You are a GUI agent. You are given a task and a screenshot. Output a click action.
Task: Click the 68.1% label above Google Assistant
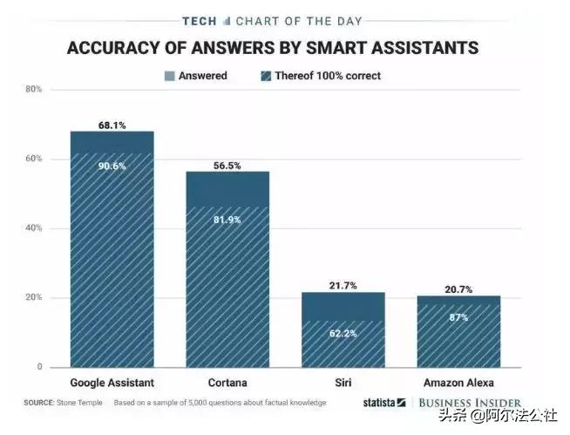click(112, 126)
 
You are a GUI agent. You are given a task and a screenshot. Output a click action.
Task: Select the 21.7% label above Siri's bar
click(343, 286)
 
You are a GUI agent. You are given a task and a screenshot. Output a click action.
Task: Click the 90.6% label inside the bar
click(112, 167)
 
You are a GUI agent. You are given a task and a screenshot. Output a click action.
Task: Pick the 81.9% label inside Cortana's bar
click(227, 219)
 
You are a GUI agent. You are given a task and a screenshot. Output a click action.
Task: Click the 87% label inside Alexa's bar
click(458, 317)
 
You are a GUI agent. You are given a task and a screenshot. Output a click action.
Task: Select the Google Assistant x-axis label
click(112, 384)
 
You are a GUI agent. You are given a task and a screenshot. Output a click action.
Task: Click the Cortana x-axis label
click(227, 384)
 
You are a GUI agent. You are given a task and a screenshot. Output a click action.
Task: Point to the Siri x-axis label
click(343, 384)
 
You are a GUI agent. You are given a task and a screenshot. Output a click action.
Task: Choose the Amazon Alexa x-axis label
click(458, 384)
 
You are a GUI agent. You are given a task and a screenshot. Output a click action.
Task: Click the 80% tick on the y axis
click(34, 89)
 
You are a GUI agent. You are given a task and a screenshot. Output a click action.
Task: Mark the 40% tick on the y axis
click(34, 228)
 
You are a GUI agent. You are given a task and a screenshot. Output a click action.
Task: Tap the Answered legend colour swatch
click(169, 76)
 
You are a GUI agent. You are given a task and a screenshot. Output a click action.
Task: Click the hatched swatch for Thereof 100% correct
click(265, 76)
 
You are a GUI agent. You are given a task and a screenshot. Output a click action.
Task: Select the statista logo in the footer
click(383, 403)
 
